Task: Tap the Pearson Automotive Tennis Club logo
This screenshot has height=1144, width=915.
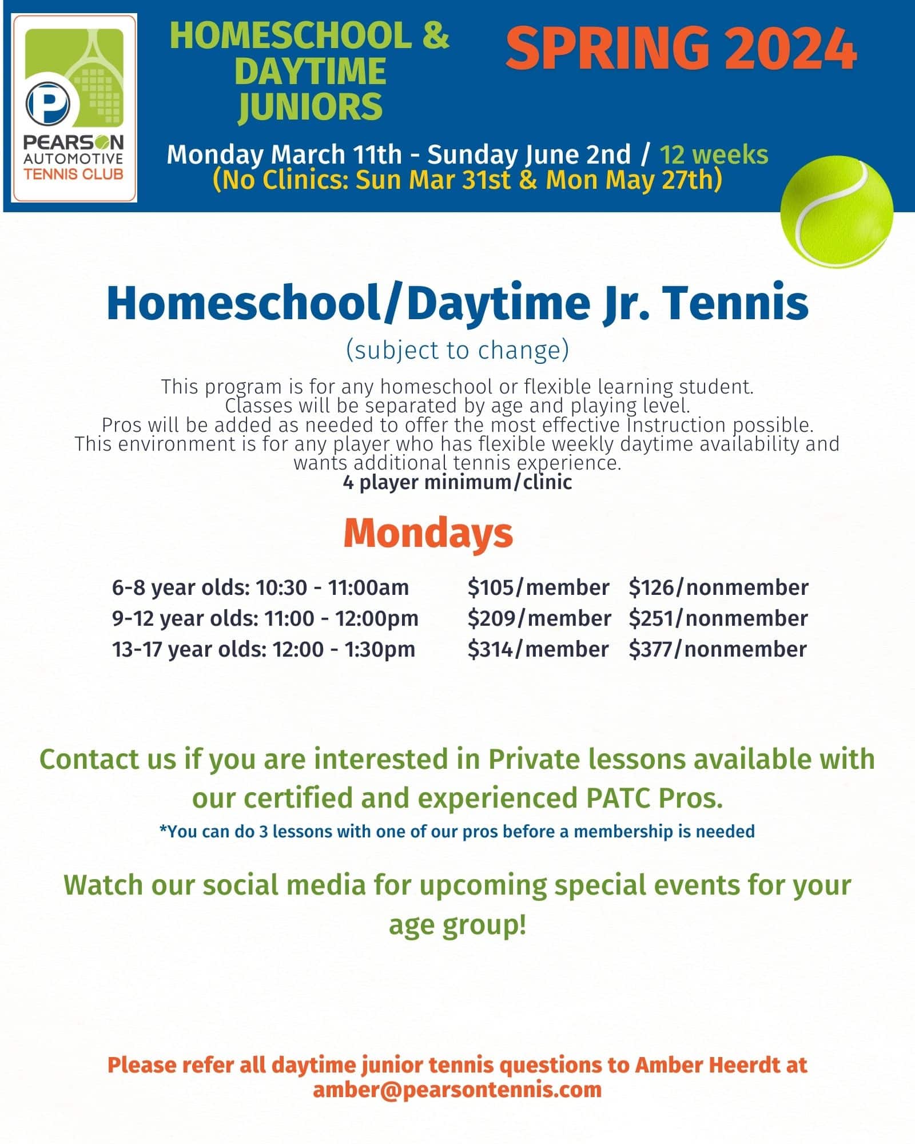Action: pos(74,108)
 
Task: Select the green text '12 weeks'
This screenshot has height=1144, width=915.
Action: pos(714,154)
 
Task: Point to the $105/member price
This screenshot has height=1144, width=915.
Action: pos(538,587)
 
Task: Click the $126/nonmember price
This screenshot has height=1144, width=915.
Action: pos(718,587)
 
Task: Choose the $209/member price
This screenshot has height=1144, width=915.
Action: pos(539,618)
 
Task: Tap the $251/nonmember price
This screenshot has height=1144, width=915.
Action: pos(718,618)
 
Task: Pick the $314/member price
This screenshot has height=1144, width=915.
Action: pos(538,649)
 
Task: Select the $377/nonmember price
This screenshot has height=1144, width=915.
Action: pos(718,649)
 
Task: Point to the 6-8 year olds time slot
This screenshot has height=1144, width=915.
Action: pos(260,587)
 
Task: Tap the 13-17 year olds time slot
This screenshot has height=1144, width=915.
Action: pos(264,649)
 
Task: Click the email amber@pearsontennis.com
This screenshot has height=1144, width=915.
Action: pos(457,1089)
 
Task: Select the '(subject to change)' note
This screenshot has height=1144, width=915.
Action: pos(457,350)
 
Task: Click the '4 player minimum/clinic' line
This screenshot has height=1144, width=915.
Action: pos(457,482)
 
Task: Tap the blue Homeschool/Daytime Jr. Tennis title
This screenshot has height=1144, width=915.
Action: pos(457,303)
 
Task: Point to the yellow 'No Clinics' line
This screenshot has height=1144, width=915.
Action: pos(467,180)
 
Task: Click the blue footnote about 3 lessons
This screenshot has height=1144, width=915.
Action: pos(457,831)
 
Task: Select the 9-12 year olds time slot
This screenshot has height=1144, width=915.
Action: pos(265,618)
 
